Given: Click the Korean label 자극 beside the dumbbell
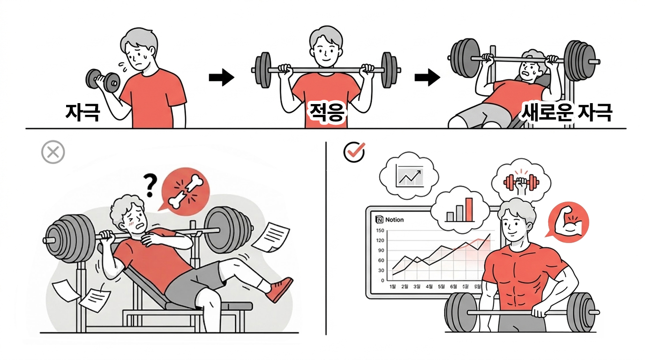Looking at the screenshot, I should (x=82, y=112).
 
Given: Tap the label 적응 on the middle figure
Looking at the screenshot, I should (x=326, y=113).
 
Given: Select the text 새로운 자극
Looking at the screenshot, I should (x=566, y=112).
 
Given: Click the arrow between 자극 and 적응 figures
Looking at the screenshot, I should (x=221, y=78).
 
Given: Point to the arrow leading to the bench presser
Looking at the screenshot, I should (x=427, y=78).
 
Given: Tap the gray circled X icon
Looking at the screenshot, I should (x=53, y=152).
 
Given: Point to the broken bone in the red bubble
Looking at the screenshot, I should (x=186, y=191).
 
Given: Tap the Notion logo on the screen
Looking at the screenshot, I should (x=379, y=219).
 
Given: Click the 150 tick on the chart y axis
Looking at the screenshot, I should (x=380, y=230).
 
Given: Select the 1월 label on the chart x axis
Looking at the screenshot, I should (x=393, y=286).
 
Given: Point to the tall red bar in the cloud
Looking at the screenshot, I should (x=469, y=209).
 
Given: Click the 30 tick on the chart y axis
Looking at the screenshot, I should (x=381, y=270).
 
